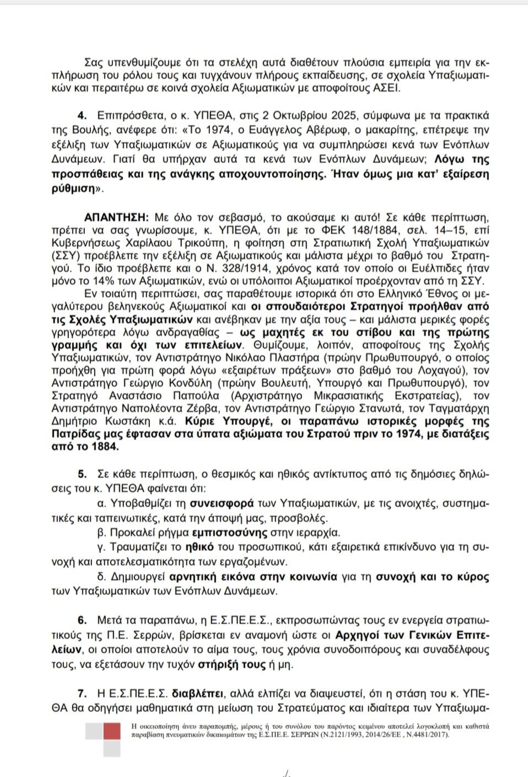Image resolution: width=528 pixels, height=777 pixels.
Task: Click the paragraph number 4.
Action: pyautogui.click(x=82, y=116)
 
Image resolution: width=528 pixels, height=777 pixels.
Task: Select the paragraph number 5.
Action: pyautogui.click(x=82, y=474)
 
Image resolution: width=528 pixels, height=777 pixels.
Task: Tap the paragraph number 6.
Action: pyautogui.click(x=82, y=620)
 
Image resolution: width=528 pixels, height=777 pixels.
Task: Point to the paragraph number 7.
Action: pyautogui.click(x=82, y=693)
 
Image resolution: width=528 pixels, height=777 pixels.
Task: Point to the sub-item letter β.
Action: pyautogui.click(x=100, y=533)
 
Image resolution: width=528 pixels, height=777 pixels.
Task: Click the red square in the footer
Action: pyautogui.click(x=112, y=731)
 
